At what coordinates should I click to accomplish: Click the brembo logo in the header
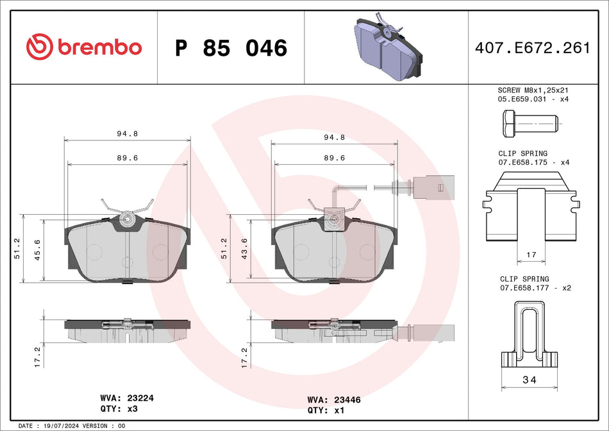tap(84, 47)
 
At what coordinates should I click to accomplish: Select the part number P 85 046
tap(231, 48)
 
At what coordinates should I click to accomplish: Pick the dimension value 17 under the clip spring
tap(531, 255)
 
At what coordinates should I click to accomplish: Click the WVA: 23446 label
tap(334, 400)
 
